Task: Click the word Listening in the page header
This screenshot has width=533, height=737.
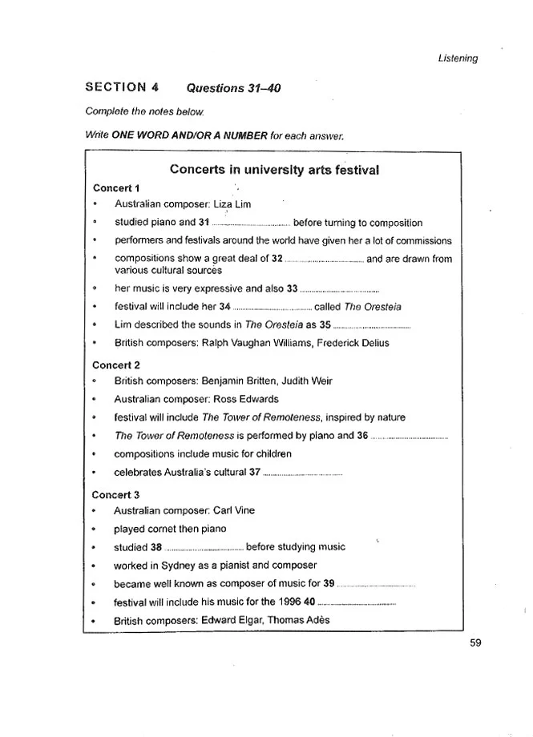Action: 458,58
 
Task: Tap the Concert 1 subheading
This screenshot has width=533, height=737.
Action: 117,187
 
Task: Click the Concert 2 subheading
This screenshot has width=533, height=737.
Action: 117,364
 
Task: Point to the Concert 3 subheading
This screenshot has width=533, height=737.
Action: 117,494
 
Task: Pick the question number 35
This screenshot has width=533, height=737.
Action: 325,325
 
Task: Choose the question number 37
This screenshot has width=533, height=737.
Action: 256,473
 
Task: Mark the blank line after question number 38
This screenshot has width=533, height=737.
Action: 204,548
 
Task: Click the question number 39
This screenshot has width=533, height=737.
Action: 329,584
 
